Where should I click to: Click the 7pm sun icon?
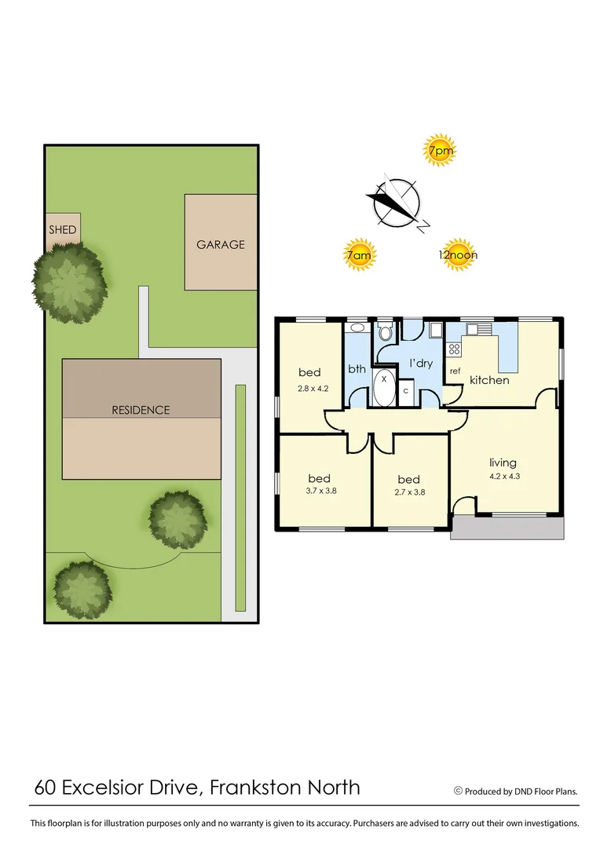440,150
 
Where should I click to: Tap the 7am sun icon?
359,254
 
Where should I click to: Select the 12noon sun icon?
458,254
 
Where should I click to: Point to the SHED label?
63,230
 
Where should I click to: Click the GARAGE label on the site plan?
221,244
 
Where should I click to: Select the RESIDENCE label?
141,410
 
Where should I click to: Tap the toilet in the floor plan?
385,333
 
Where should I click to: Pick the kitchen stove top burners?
454,349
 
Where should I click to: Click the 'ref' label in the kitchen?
455,371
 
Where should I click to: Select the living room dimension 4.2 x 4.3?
504,475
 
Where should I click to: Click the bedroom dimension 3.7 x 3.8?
319,492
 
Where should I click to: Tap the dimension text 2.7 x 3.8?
408,493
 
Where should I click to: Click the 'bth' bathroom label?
357,368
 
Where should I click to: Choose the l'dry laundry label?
422,364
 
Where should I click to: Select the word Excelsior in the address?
119,787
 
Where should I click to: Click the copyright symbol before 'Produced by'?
458,791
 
